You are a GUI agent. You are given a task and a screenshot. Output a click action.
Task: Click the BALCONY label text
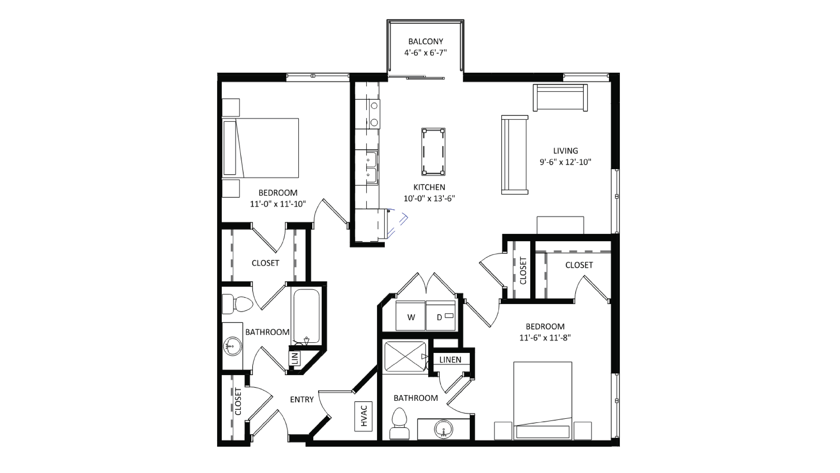pyautogui.click(x=425, y=41)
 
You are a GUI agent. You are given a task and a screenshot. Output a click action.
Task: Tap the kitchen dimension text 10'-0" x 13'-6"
pyautogui.click(x=429, y=198)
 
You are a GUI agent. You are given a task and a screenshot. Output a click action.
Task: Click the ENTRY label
pyautogui.click(x=302, y=399)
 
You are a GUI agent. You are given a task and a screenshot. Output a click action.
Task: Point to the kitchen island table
pyautogui.click(x=433, y=152)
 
